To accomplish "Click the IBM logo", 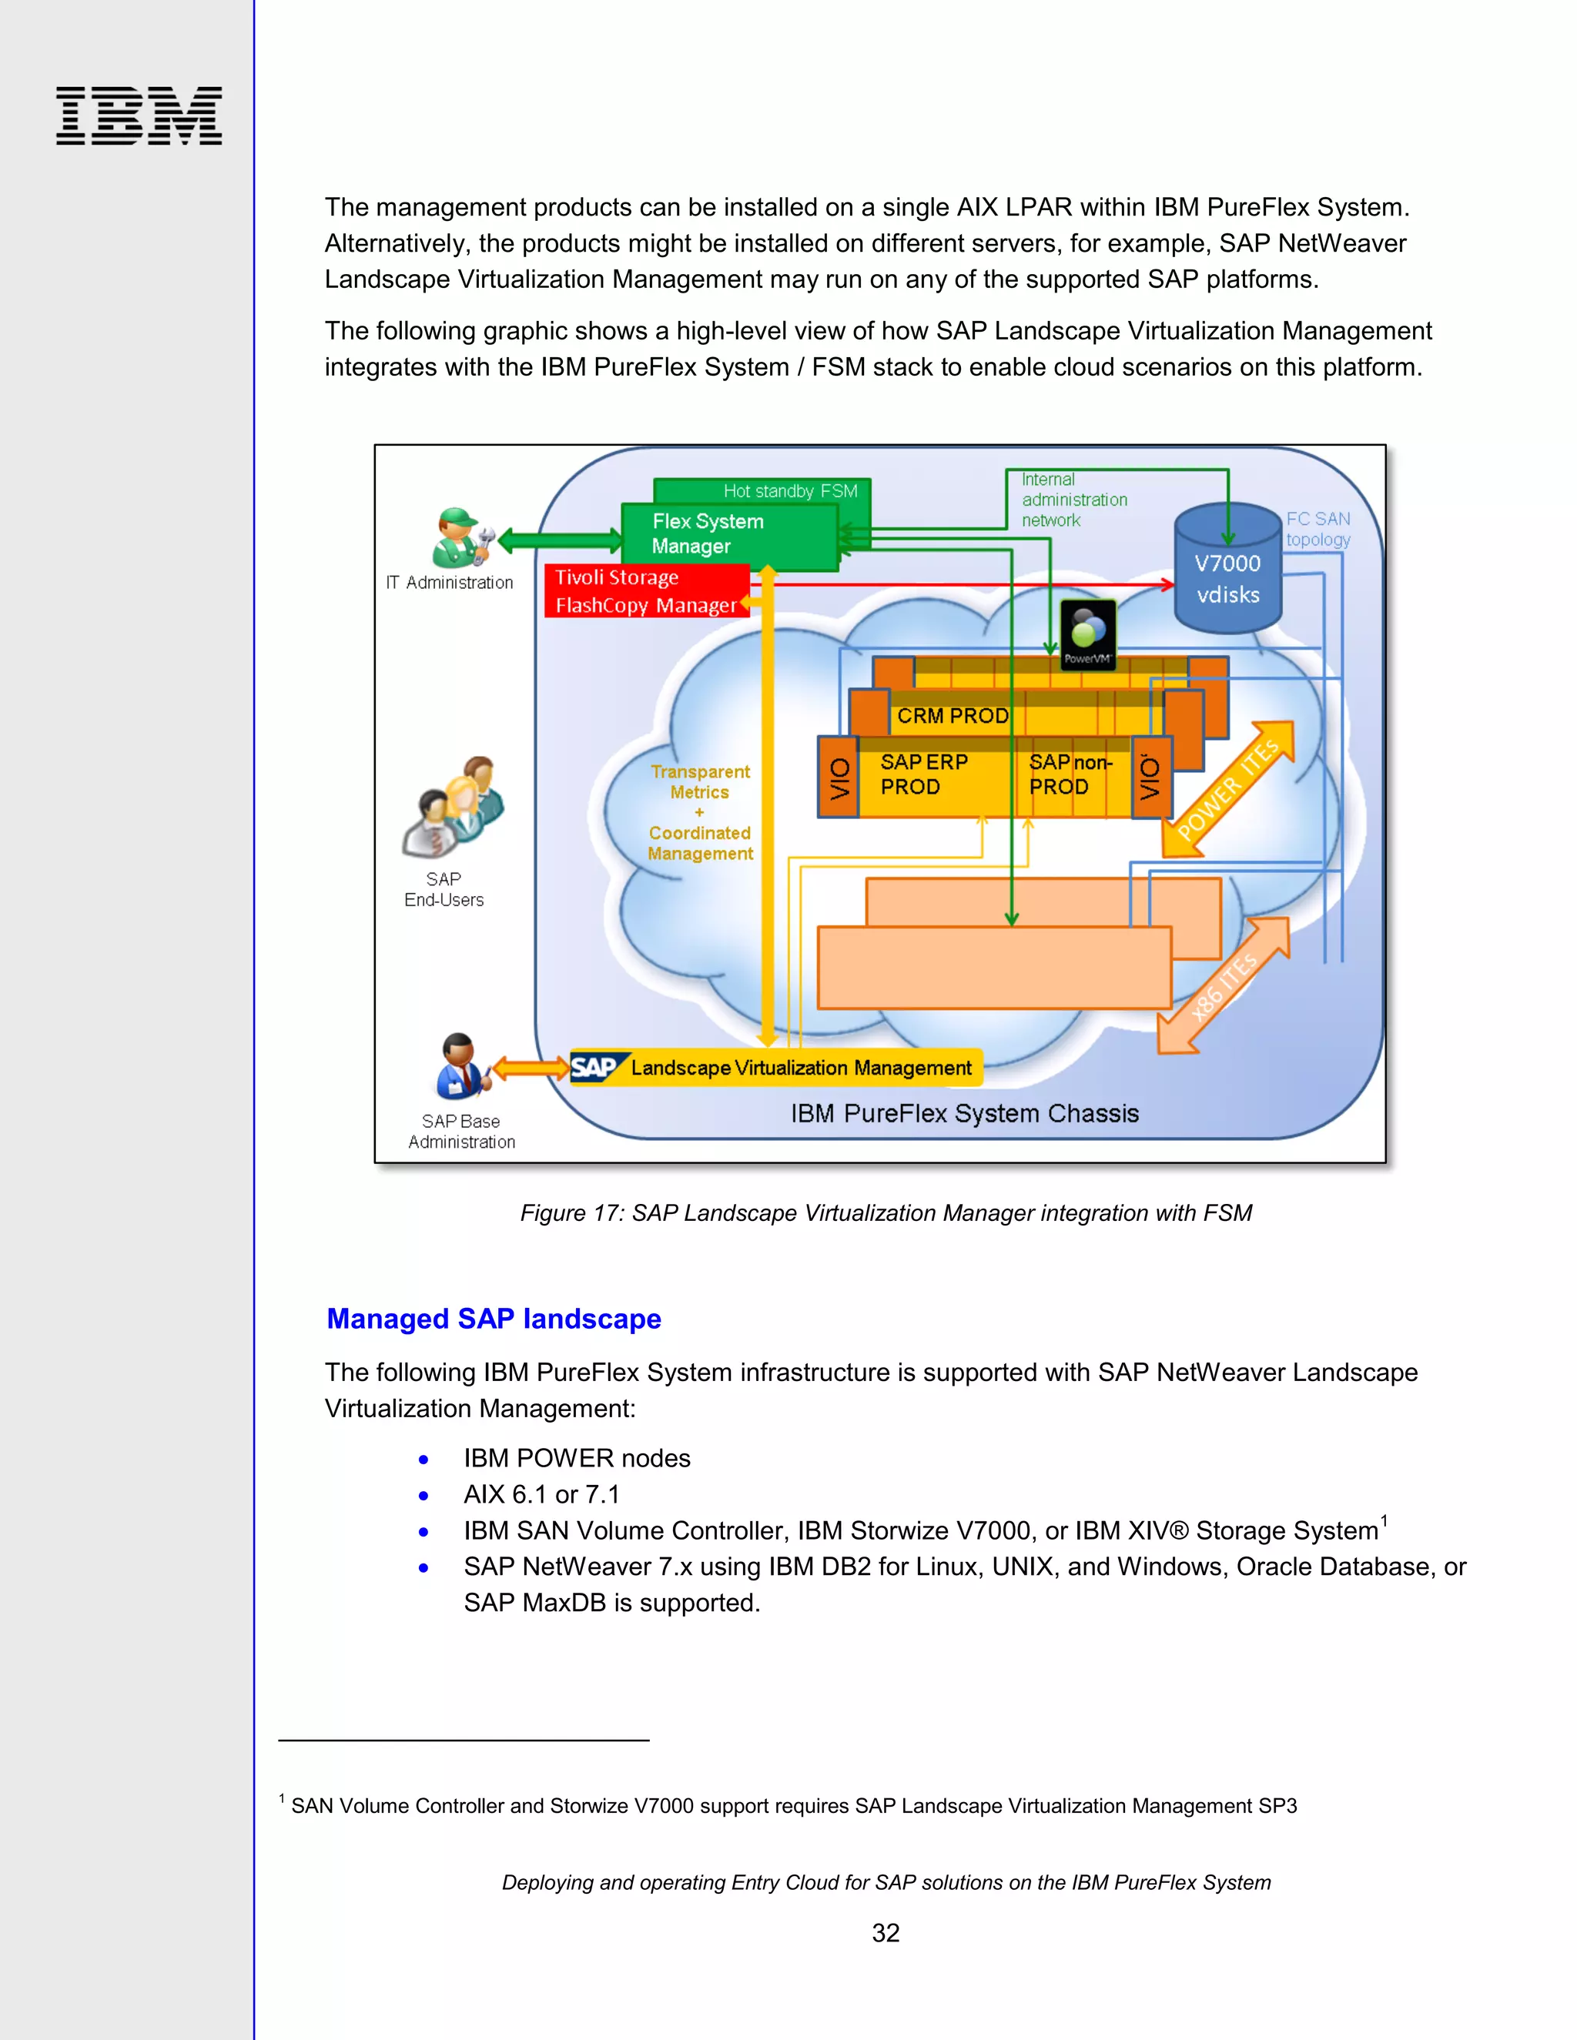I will (139, 115).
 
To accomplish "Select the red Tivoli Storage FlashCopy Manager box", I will (647, 591).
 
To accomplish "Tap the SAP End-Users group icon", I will (453, 808).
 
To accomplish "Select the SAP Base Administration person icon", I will (460, 1065).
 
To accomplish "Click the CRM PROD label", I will (952, 715).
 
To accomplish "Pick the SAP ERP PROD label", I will (923, 774).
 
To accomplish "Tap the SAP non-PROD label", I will (1070, 774).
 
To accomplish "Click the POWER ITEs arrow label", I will (1228, 788).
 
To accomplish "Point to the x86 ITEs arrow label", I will (1224, 985).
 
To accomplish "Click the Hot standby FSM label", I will (789, 490).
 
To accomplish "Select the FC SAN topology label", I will (1318, 529).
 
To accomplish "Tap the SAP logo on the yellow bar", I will (594, 1068).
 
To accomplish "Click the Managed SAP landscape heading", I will (494, 1318).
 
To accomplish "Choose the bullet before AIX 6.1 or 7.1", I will (424, 1496).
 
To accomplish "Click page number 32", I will (885, 1932).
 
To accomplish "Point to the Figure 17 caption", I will (885, 1212).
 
